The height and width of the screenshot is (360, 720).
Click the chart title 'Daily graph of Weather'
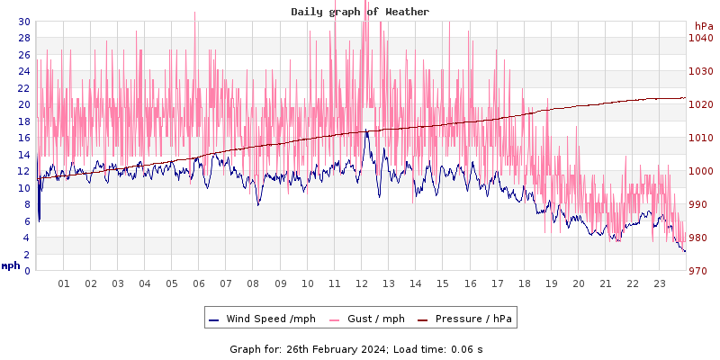coord(359,12)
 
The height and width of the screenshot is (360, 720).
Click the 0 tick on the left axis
coord(27,271)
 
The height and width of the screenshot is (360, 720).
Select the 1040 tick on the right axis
coord(701,38)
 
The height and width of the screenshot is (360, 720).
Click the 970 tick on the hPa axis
coord(701,271)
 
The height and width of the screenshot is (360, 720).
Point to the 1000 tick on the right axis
coord(701,171)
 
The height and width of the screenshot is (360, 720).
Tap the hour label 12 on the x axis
coord(362,283)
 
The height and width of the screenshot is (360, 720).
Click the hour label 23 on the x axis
coord(660,283)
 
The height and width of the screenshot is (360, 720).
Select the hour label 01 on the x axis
coord(64,283)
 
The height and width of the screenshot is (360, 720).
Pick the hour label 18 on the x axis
coord(524,283)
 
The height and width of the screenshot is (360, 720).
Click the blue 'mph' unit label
coord(10,265)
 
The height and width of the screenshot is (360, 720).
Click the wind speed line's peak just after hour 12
coord(366,131)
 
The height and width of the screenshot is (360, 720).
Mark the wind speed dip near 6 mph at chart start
coord(39,220)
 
